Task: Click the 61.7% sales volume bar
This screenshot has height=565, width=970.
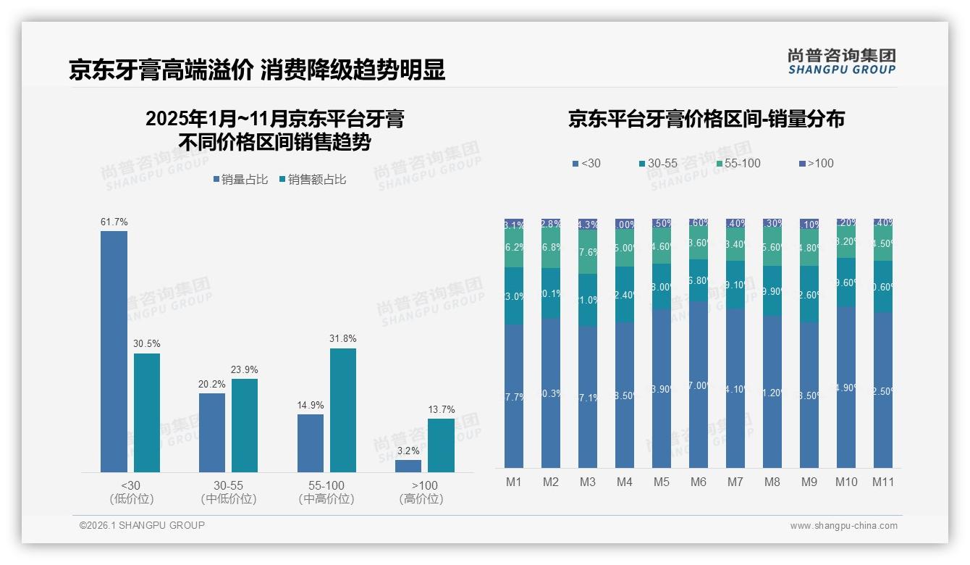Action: click(114, 351)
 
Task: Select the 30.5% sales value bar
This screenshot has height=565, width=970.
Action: click(147, 413)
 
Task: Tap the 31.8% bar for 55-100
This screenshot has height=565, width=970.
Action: click(343, 410)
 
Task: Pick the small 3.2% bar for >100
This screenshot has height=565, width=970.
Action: click(408, 466)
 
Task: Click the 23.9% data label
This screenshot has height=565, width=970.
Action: click(245, 369)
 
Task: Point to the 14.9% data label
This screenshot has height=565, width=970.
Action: click(311, 405)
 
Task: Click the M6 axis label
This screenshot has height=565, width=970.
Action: click(699, 482)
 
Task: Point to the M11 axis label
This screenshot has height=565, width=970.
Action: click(883, 482)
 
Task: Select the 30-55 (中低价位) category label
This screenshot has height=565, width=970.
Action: click(229, 492)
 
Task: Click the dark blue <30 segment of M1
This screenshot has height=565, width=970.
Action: click(514, 395)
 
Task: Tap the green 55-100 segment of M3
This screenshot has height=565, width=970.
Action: click(588, 252)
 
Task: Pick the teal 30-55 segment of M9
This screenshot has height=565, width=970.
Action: click(809, 294)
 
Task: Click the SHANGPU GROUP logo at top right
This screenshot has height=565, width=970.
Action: click(841, 62)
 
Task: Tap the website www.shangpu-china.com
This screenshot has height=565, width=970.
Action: click(843, 526)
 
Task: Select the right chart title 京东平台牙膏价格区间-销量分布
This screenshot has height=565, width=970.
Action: click(706, 120)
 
